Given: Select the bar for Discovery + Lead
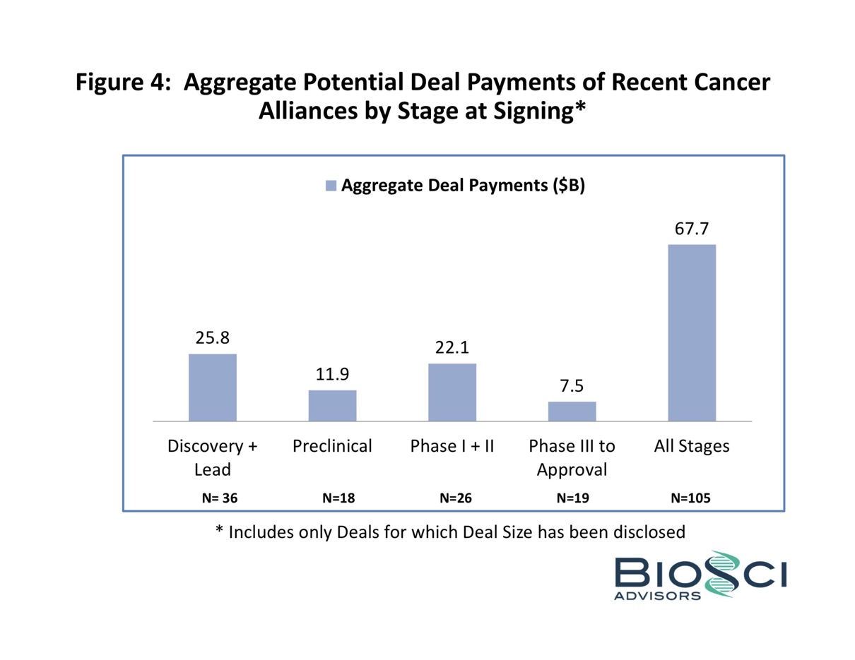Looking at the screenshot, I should [x=212, y=387].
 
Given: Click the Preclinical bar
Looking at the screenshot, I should [x=332, y=405].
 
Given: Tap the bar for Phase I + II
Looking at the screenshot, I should [x=452, y=392].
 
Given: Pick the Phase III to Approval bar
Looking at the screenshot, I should [x=572, y=411].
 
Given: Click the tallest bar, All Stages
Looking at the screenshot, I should [x=692, y=332].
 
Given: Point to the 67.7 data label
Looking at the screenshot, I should [x=692, y=229].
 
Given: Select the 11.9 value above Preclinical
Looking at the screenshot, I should [x=332, y=375].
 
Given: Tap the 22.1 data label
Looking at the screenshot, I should [x=452, y=348].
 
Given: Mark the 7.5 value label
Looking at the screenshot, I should [x=572, y=386].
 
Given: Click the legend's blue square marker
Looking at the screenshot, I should [x=331, y=186].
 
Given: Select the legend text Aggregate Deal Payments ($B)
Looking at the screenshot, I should [x=464, y=186].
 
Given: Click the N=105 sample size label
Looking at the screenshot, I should [x=690, y=498].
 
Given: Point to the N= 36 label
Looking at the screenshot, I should [x=220, y=498].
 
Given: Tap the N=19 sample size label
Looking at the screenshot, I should [x=573, y=498].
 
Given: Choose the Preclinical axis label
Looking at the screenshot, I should [x=332, y=446].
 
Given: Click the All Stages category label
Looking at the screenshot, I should [x=692, y=446].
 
